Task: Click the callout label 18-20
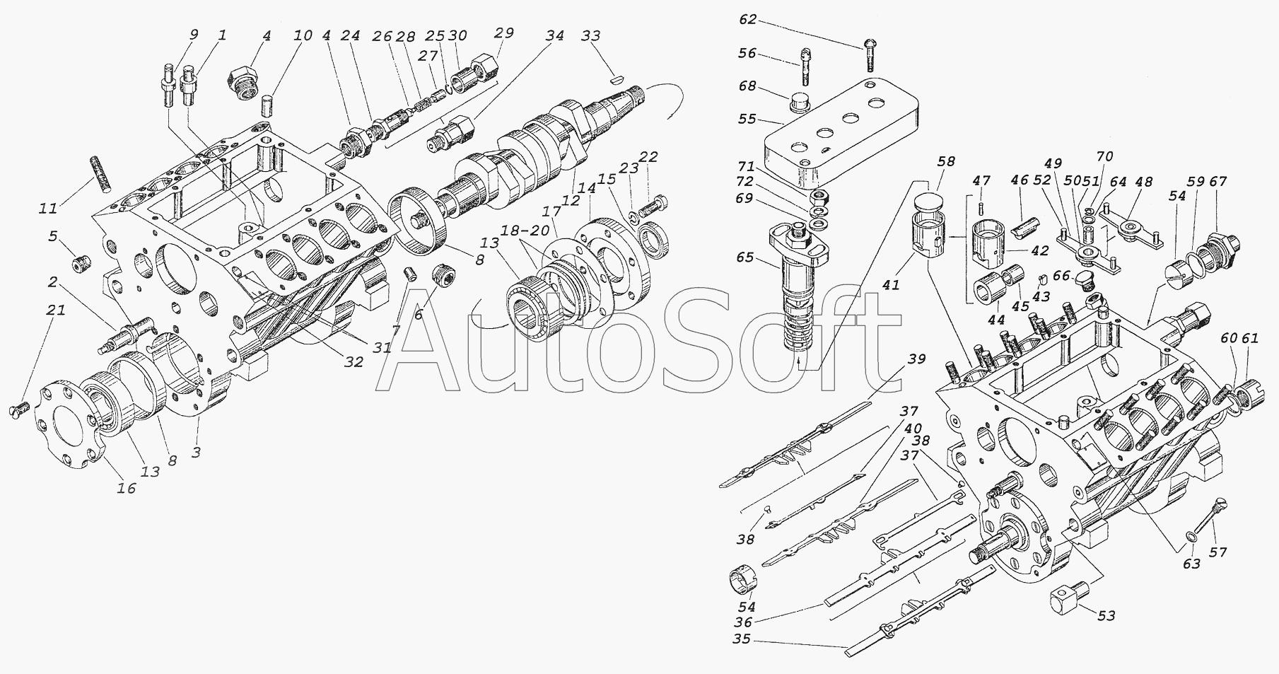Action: [530, 232]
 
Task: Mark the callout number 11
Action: [47, 209]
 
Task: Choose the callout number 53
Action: [1106, 615]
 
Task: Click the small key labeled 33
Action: [617, 79]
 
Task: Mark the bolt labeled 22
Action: [650, 207]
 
